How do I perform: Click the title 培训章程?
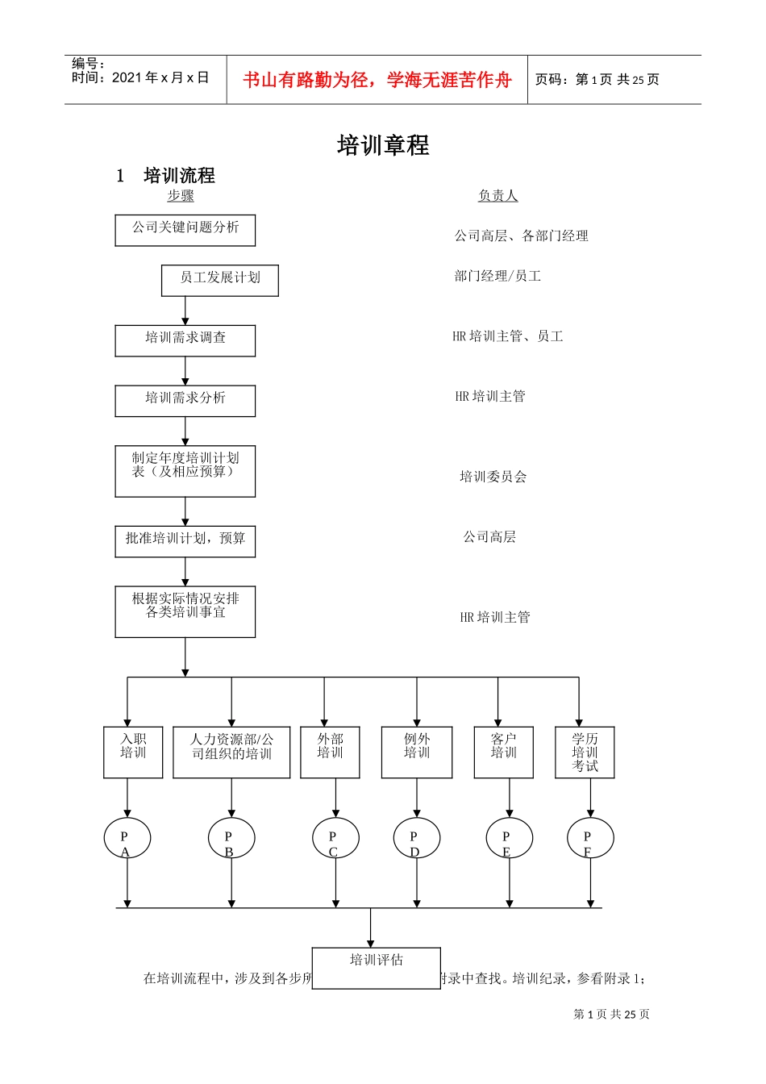(383, 145)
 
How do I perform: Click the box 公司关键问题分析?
(185, 230)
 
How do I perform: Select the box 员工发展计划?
(220, 280)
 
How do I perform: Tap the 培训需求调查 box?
(185, 340)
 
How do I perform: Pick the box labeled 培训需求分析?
(185, 400)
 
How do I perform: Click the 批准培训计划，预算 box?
(185, 541)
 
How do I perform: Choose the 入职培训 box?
(133, 752)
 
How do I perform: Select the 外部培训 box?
(330, 752)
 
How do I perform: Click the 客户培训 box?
(503, 752)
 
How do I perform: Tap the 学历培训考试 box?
(585, 752)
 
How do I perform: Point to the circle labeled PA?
(127, 839)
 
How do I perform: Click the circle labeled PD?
(417, 839)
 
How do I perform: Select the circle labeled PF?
(590, 839)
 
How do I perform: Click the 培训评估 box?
(376, 967)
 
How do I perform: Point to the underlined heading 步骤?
(181, 196)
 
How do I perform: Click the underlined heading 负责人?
(497, 196)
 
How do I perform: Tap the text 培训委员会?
(493, 477)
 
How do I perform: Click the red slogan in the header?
(377, 80)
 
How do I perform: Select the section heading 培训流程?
(179, 176)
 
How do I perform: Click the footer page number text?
(611, 1014)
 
